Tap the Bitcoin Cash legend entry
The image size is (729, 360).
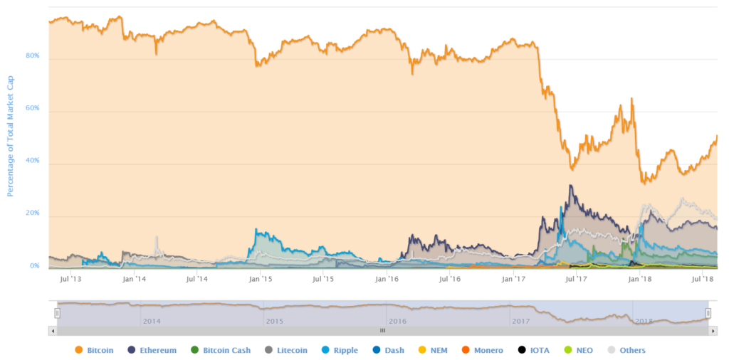tap(221, 350)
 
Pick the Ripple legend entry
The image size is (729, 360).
tap(340, 350)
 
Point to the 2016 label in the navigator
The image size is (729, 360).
tap(397, 321)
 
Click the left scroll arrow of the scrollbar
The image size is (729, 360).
tap(51, 331)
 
